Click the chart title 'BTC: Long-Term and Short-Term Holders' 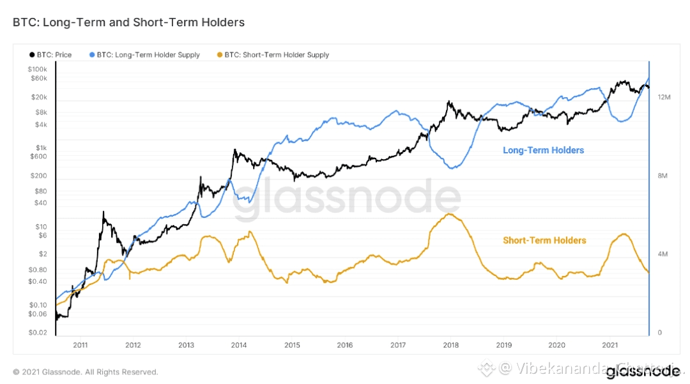[128, 22]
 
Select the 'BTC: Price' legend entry [54, 55]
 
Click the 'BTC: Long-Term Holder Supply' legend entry [148, 55]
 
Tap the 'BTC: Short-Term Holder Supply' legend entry [277, 55]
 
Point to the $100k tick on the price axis [38, 69]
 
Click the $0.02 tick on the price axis [38, 333]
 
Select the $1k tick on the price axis [41, 147]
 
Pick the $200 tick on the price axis [40, 176]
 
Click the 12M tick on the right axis [664, 97]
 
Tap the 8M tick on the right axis [663, 176]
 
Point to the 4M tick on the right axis [663, 254]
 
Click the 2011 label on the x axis [80, 345]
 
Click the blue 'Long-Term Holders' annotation [543, 151]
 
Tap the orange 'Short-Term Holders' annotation [544, 241]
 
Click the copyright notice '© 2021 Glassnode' [85, 372]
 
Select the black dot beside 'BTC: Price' [32, 55]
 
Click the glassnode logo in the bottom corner [642, 371]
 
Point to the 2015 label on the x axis [292, 345]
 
